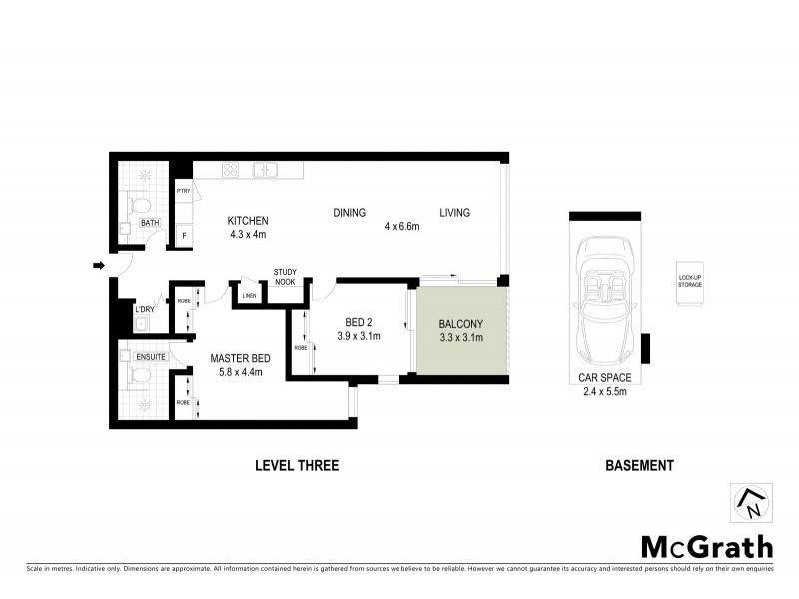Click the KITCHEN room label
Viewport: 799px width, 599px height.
click(x=248, y=221)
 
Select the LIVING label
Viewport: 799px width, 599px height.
click(x=453, y=213)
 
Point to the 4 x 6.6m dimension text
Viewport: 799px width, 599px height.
click(x=401, y=227)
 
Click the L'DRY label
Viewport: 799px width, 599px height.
click(x=144, y=310)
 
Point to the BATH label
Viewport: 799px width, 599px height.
click(x=150, y=223)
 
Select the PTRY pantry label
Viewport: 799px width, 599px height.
click(x=183, y=191)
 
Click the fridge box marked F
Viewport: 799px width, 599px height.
click(x=183, y=236)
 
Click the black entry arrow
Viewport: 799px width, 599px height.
click(x=99, y=265)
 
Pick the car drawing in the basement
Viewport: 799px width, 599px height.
click(x=605, y=299)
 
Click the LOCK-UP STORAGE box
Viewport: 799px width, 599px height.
click(x=690, y=282)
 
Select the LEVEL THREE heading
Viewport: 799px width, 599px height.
click(x=297, y=465)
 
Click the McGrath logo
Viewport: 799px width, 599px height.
click(x=706, y=546)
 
